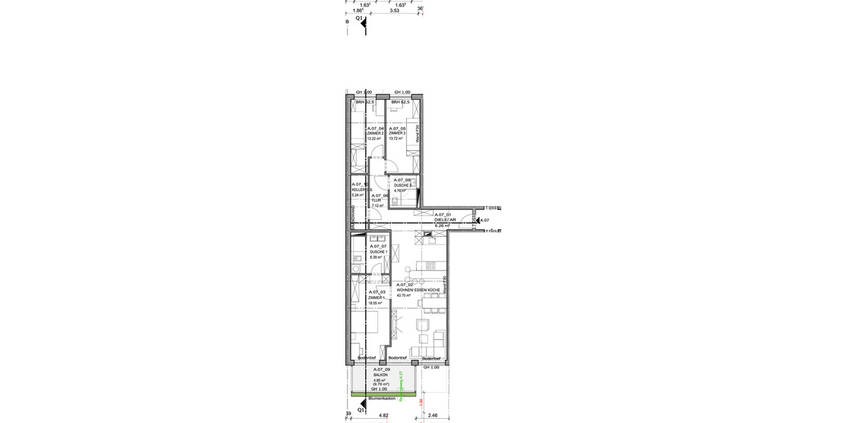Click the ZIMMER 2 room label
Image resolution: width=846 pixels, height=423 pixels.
(375, 133)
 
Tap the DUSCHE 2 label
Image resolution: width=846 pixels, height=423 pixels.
(403, 185)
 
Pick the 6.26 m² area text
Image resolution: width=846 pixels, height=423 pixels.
(443, 226)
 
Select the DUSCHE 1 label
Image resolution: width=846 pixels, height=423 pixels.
(379, 252)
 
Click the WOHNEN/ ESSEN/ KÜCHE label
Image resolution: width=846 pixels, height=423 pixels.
(419, 290)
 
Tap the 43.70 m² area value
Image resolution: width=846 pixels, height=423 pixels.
(404, 296)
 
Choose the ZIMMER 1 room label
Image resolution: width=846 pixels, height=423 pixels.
(376, 298)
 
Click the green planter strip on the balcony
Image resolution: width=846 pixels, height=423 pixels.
(384, 393)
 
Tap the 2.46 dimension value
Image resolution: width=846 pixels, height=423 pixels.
(434, 417)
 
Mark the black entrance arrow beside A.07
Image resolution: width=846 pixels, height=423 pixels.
(476, 221)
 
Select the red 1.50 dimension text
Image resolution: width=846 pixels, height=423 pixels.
(422, 402)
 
